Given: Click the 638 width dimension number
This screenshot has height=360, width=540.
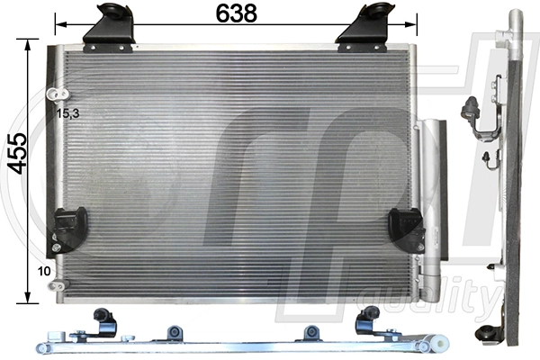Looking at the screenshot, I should (237, 13).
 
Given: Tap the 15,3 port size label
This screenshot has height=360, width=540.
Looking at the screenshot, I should (68, 113).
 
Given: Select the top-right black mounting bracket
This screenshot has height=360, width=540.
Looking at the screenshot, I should (364, 24).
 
